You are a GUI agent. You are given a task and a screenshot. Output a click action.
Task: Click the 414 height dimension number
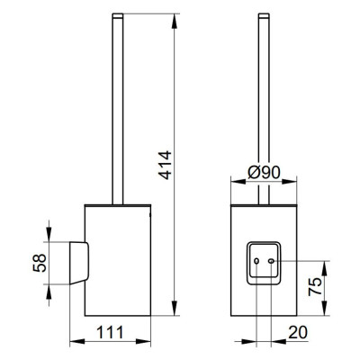165,166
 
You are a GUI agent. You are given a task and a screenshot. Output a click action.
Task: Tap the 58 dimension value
40,263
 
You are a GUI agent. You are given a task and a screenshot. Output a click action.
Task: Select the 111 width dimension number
110,332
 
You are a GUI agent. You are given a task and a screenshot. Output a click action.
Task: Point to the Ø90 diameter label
264,173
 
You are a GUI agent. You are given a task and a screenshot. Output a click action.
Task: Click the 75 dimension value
315,286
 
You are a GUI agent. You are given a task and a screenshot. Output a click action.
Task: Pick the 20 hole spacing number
298,332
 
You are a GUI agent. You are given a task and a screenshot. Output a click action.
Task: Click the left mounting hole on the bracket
256,261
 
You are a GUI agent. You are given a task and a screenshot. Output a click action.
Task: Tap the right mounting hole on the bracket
271,261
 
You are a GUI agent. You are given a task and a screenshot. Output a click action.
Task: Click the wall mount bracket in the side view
79,263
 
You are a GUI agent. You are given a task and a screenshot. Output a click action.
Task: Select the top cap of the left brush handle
118,16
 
